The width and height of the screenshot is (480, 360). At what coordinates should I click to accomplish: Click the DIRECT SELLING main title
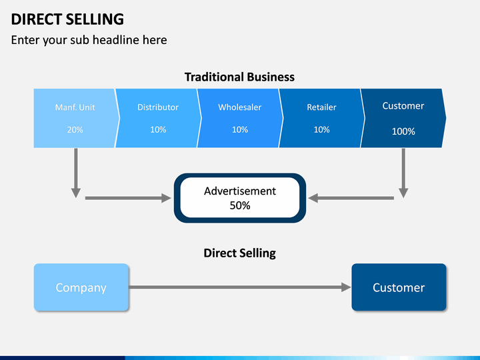click(x=67, y=19)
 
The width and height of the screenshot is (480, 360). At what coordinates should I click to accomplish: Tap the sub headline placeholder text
click(x=89, y=40)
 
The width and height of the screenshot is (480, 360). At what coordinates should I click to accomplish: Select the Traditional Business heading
click(x=239, y=77)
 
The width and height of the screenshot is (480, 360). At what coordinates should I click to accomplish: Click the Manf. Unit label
click(x=75, y=107)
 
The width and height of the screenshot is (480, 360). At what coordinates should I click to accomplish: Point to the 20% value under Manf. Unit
click(x=75, y=130)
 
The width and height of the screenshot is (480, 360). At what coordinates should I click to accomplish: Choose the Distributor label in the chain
click(x=158, y=107)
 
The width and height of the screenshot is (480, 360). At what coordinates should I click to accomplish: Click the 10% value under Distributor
click(x=158, y=130)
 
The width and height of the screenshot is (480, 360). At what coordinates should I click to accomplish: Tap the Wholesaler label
click(x=240, y=107)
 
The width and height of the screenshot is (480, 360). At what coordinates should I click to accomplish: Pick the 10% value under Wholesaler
click(x=240, y=130)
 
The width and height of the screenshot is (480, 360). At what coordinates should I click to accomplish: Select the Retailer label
click(x=321, y=107)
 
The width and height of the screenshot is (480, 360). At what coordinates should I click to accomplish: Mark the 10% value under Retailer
click(x=321, y=130)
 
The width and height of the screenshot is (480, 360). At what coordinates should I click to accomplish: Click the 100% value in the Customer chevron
click(x=403, y=131)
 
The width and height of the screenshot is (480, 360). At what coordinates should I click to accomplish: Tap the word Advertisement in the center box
click(x=240, y=191)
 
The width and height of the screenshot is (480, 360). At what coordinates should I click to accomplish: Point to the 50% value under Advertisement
click(x=240, y=205)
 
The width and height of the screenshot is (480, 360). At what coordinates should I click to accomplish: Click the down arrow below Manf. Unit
click(x=76, y=173)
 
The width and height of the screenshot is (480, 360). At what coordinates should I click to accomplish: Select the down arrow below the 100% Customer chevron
click(x=403, y=173)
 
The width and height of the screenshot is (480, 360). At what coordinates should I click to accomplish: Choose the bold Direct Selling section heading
click(x=240, y=253)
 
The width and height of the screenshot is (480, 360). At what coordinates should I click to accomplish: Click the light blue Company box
click(x=81, y=287)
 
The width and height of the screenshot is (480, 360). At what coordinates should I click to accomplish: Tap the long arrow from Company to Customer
click(x=240, y=287)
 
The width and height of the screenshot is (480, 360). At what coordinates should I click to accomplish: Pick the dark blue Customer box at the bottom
click(x=399, y=287)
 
